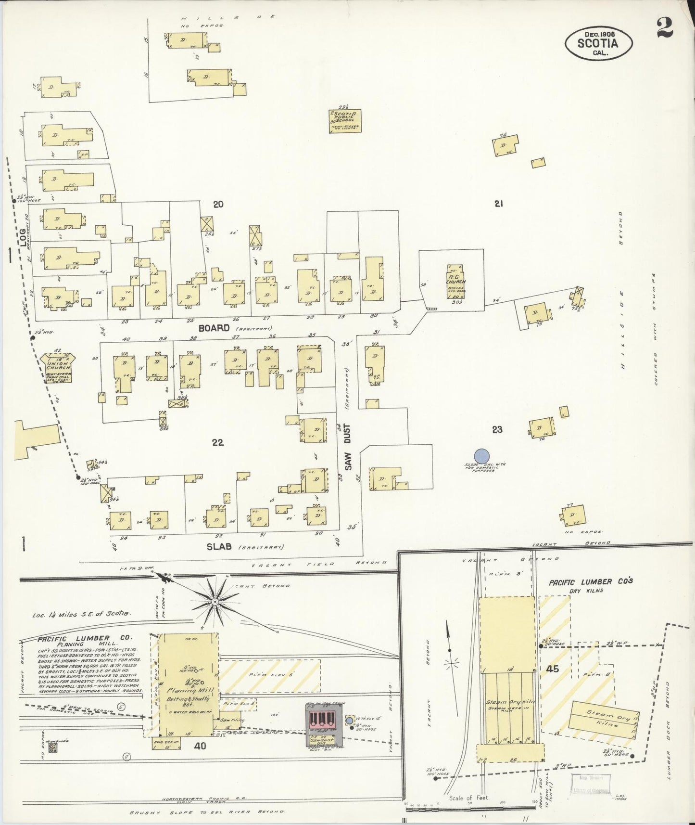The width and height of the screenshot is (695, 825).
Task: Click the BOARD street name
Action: pos(214,328)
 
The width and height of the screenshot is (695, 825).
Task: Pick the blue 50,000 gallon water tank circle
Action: pos(481,455)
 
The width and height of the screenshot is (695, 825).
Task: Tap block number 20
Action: pos(218,205)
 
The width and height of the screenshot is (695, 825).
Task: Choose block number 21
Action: pos(498,204)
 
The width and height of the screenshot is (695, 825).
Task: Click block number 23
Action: pos(497,429)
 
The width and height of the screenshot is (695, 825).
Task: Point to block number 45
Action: pos(553,669)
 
